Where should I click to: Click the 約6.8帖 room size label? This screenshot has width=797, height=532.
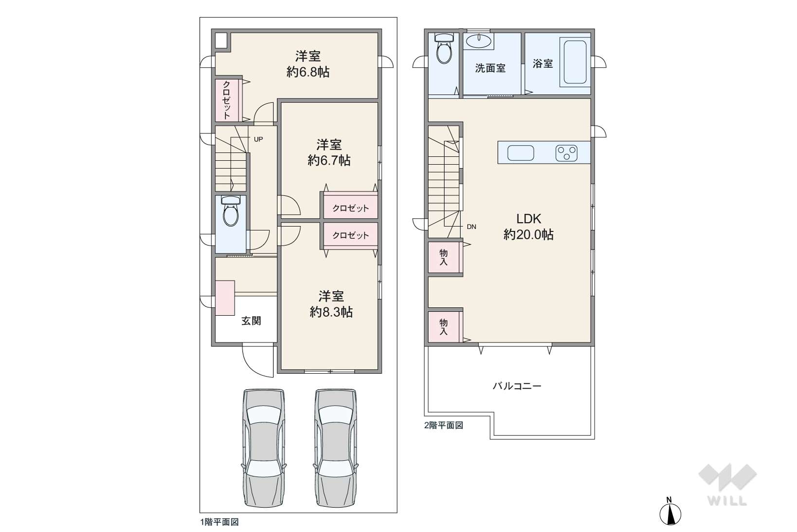tap(308, 72)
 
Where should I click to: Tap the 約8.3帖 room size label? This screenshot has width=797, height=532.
tap(331, 312)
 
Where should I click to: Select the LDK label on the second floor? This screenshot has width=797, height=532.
tap(529, 218)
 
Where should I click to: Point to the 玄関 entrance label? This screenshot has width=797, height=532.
tap(251, 321)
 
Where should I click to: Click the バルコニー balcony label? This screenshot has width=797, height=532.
tap(517, 386)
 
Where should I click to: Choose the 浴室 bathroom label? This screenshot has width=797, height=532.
tap(543, 64)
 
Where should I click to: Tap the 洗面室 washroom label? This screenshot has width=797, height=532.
tap(490, 68)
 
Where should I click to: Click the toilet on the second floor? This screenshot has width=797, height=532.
tap(444, 48)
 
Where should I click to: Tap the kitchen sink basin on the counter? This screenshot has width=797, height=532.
tap(521, 153)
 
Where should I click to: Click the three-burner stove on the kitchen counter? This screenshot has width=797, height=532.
tap(566, 153)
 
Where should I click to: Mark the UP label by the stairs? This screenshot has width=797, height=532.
tap(258, 139)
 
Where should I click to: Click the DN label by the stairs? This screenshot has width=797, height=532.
tap(471, 227)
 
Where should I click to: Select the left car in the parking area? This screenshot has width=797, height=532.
tap(264, 448)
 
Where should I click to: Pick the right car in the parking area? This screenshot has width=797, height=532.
tap(336, 448)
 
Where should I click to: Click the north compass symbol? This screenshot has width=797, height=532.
tap(670, 512)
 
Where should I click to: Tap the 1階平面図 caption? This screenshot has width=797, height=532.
tap(219, 522)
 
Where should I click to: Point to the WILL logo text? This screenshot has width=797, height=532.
tap(727, 501)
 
